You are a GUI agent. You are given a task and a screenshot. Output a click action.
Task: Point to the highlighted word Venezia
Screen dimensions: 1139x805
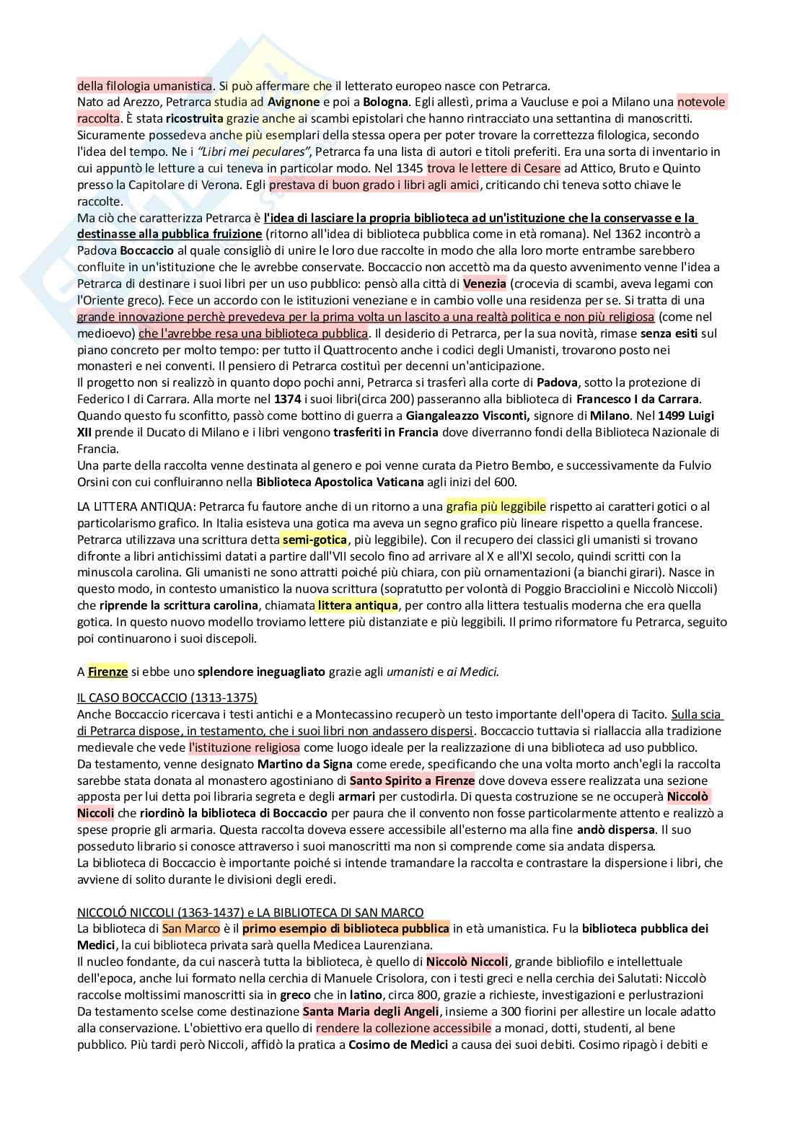coord(485,283)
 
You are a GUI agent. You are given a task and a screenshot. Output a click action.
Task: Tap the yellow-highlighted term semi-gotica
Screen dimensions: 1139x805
coord(314,540)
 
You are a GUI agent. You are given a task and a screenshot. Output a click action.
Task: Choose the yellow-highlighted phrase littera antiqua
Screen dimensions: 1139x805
coord(357,605)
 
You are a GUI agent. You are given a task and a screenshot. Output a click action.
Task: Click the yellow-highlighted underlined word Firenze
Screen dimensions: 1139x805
coord(107,672)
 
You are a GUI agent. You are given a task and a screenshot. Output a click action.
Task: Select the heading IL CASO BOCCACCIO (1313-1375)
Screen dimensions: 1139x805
coord(167,698)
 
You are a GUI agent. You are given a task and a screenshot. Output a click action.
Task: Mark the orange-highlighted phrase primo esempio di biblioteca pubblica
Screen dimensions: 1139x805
coord(346,928)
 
